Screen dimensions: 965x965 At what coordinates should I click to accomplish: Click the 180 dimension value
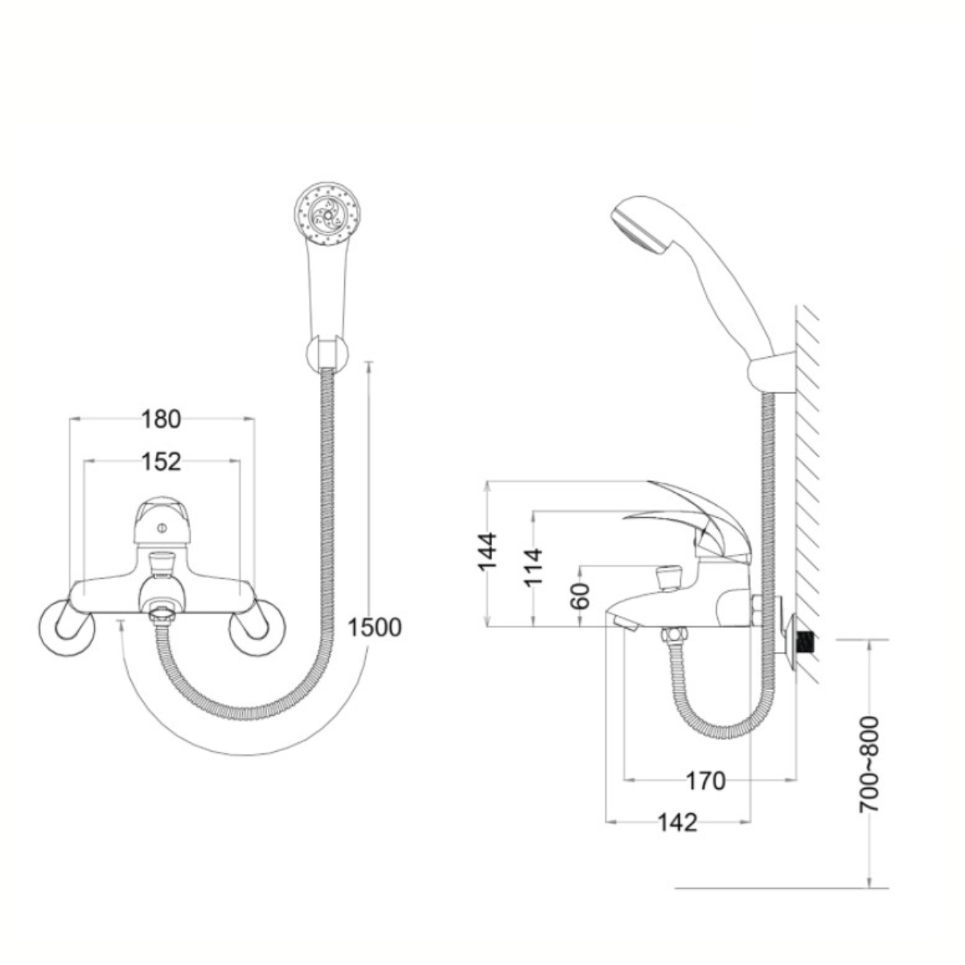pos(162,419)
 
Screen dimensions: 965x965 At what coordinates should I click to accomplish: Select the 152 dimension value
pos(162,462)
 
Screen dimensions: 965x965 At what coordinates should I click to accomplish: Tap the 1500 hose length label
pos(375,627)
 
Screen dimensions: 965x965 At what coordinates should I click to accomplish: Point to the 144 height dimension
pos(487,551)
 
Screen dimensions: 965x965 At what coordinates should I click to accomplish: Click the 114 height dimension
pos(533,567)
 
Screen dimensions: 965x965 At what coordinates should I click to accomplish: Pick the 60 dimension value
pos(581,595)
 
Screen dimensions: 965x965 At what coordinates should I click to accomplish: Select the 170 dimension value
pos(705,781)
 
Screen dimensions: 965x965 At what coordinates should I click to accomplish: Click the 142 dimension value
pos(677,823)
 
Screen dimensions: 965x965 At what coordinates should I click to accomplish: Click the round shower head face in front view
pos(328,216)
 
